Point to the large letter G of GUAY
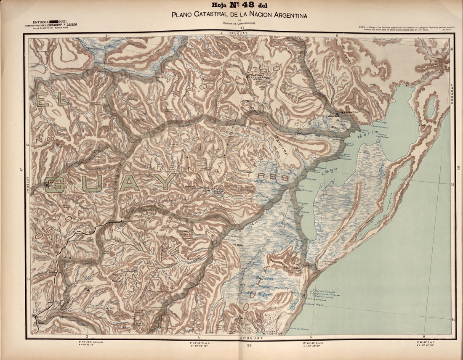[55, 184]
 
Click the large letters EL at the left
[52, 100]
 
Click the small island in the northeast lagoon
[431, 108]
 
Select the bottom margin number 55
[249, 345]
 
